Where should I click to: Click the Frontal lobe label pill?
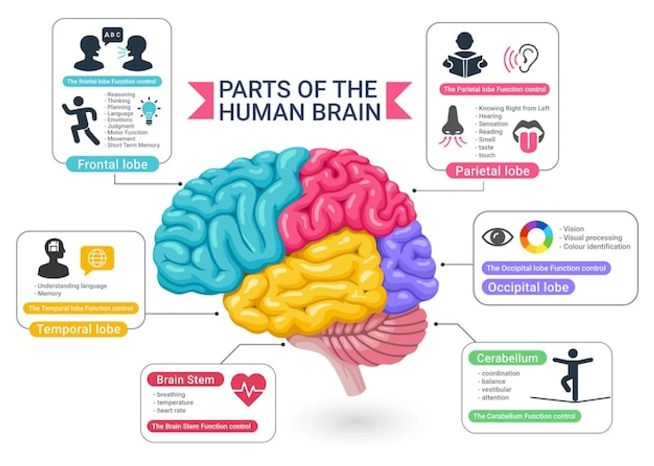112,164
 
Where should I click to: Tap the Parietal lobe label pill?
492,171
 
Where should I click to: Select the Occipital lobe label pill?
528,287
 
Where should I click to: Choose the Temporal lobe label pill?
78,329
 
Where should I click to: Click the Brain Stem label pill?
185,379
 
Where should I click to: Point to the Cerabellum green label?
507,358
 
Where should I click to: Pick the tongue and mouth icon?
526,139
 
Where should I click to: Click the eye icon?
498,237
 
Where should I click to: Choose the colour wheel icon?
536,237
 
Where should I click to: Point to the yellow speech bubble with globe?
97,259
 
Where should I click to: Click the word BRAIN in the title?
343,112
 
